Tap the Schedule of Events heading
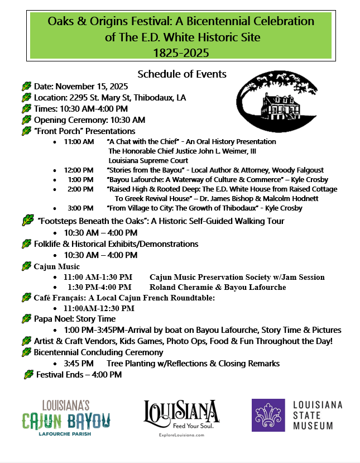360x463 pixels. (182, 74)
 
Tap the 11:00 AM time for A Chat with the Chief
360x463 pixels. (79, 142)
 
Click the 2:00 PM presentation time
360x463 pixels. (81, 189)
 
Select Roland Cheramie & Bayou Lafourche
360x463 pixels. (218, 287)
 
